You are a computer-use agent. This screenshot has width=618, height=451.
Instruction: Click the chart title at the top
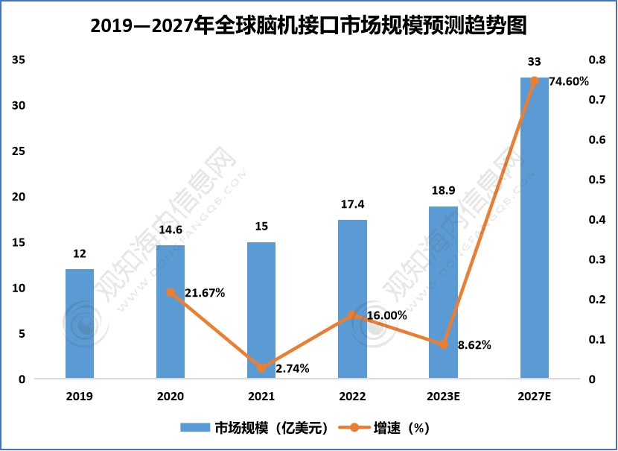(308, 27)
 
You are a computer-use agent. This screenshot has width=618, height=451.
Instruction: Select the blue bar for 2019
(80, 324)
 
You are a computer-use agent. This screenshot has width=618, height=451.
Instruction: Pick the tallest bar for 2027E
(534, 228)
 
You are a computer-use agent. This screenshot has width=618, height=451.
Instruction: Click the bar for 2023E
(443, 292)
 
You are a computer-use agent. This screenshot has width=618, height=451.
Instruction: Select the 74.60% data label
(568, 81)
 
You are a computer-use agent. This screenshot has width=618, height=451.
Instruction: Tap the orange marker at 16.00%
(352, 315)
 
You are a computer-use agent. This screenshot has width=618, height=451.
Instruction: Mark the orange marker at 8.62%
(443, 344)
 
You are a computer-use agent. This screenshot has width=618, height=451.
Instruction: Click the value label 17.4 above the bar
(352, 204)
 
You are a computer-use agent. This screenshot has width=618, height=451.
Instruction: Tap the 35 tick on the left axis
(19, 60)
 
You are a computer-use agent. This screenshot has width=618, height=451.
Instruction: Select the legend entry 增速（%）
(387, 428)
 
